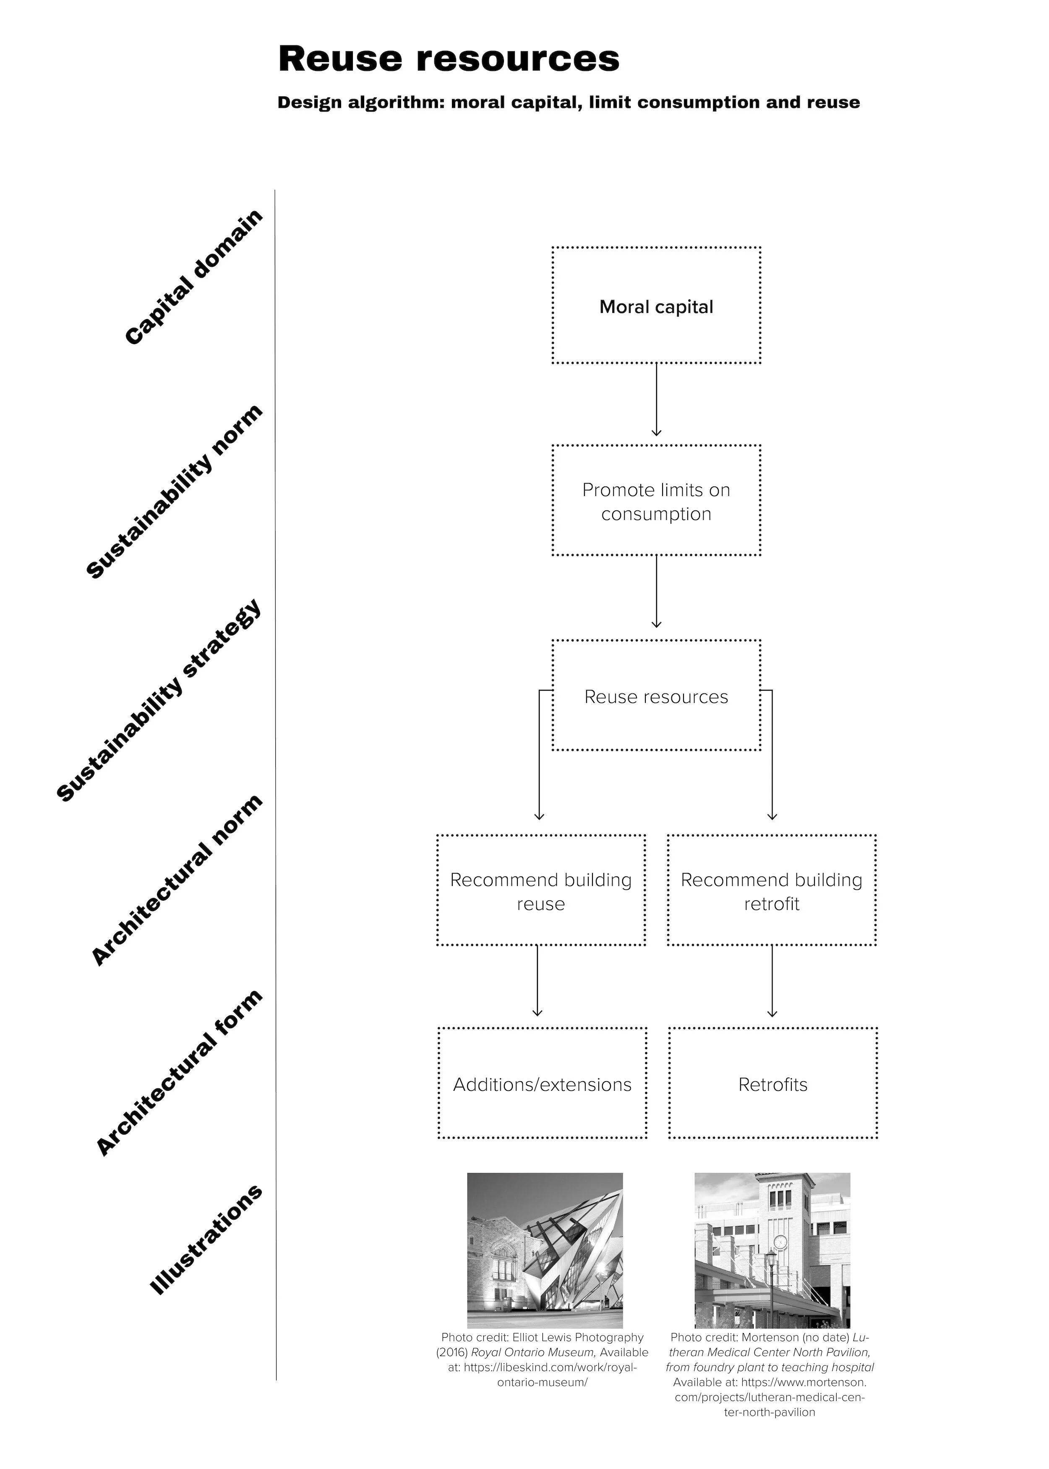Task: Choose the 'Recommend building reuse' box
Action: tap(540, 891)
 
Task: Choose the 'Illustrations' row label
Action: tap(206, 1240)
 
